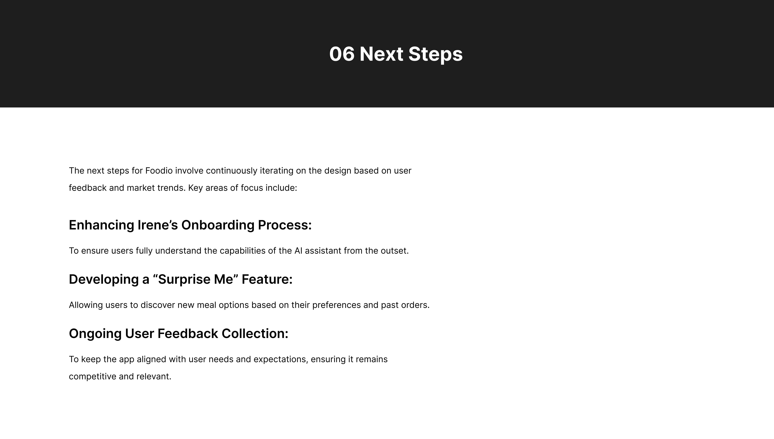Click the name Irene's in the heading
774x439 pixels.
158,225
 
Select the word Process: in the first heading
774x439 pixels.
285,225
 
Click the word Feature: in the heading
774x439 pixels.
267,279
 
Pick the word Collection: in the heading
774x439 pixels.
255,333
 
